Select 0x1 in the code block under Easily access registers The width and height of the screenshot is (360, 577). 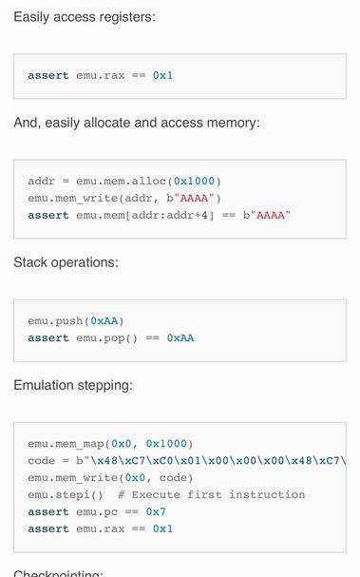pyautogui.click(x=163, y=75)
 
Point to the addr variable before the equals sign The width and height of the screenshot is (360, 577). pyautogui.click(x=41, y=181)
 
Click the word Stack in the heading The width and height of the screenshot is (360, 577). pyautogui.click(x=31, y=262)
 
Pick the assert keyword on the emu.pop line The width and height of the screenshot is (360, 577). pyautogui.click(x=48, y=337)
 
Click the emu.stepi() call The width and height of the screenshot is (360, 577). pyautogui.click(x=66, y=494)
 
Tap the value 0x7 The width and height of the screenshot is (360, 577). pyautogui.click(x=156, y=511)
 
